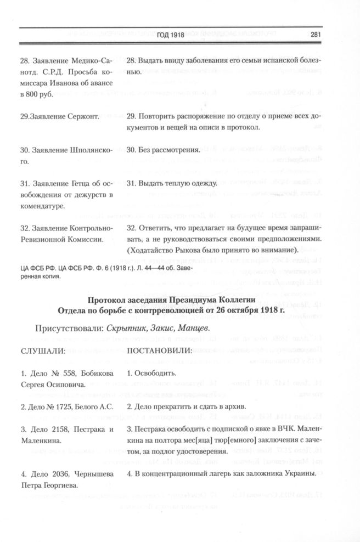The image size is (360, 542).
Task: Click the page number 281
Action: click(x=314, y=35)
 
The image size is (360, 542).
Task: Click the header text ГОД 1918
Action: click(x=171, y=35)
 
